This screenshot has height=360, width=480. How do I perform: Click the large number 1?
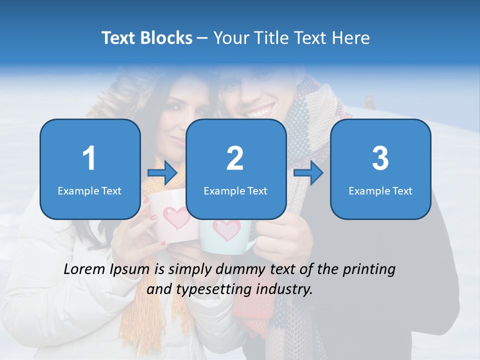pyautogui.click(x=89, y=158)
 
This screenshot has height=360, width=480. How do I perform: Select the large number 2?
pyautogui.click(x=235, y=158)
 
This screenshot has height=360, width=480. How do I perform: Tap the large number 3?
pyautogui.click(x=380, y=158)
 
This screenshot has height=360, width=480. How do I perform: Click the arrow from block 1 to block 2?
pyautogui.click(x=162, y=173)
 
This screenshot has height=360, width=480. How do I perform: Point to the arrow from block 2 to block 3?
pyautogui.click(x=308, y=173)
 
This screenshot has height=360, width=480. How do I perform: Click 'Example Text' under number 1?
pyautogui.click(x=89, y=190)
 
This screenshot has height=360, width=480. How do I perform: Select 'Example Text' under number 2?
pyautogui.click(x=235, y=190)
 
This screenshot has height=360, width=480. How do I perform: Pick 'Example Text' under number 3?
pyautogui.click(x=380, y=190)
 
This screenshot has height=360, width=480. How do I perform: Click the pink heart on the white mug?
pyautogui.click(x=176, y=217)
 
